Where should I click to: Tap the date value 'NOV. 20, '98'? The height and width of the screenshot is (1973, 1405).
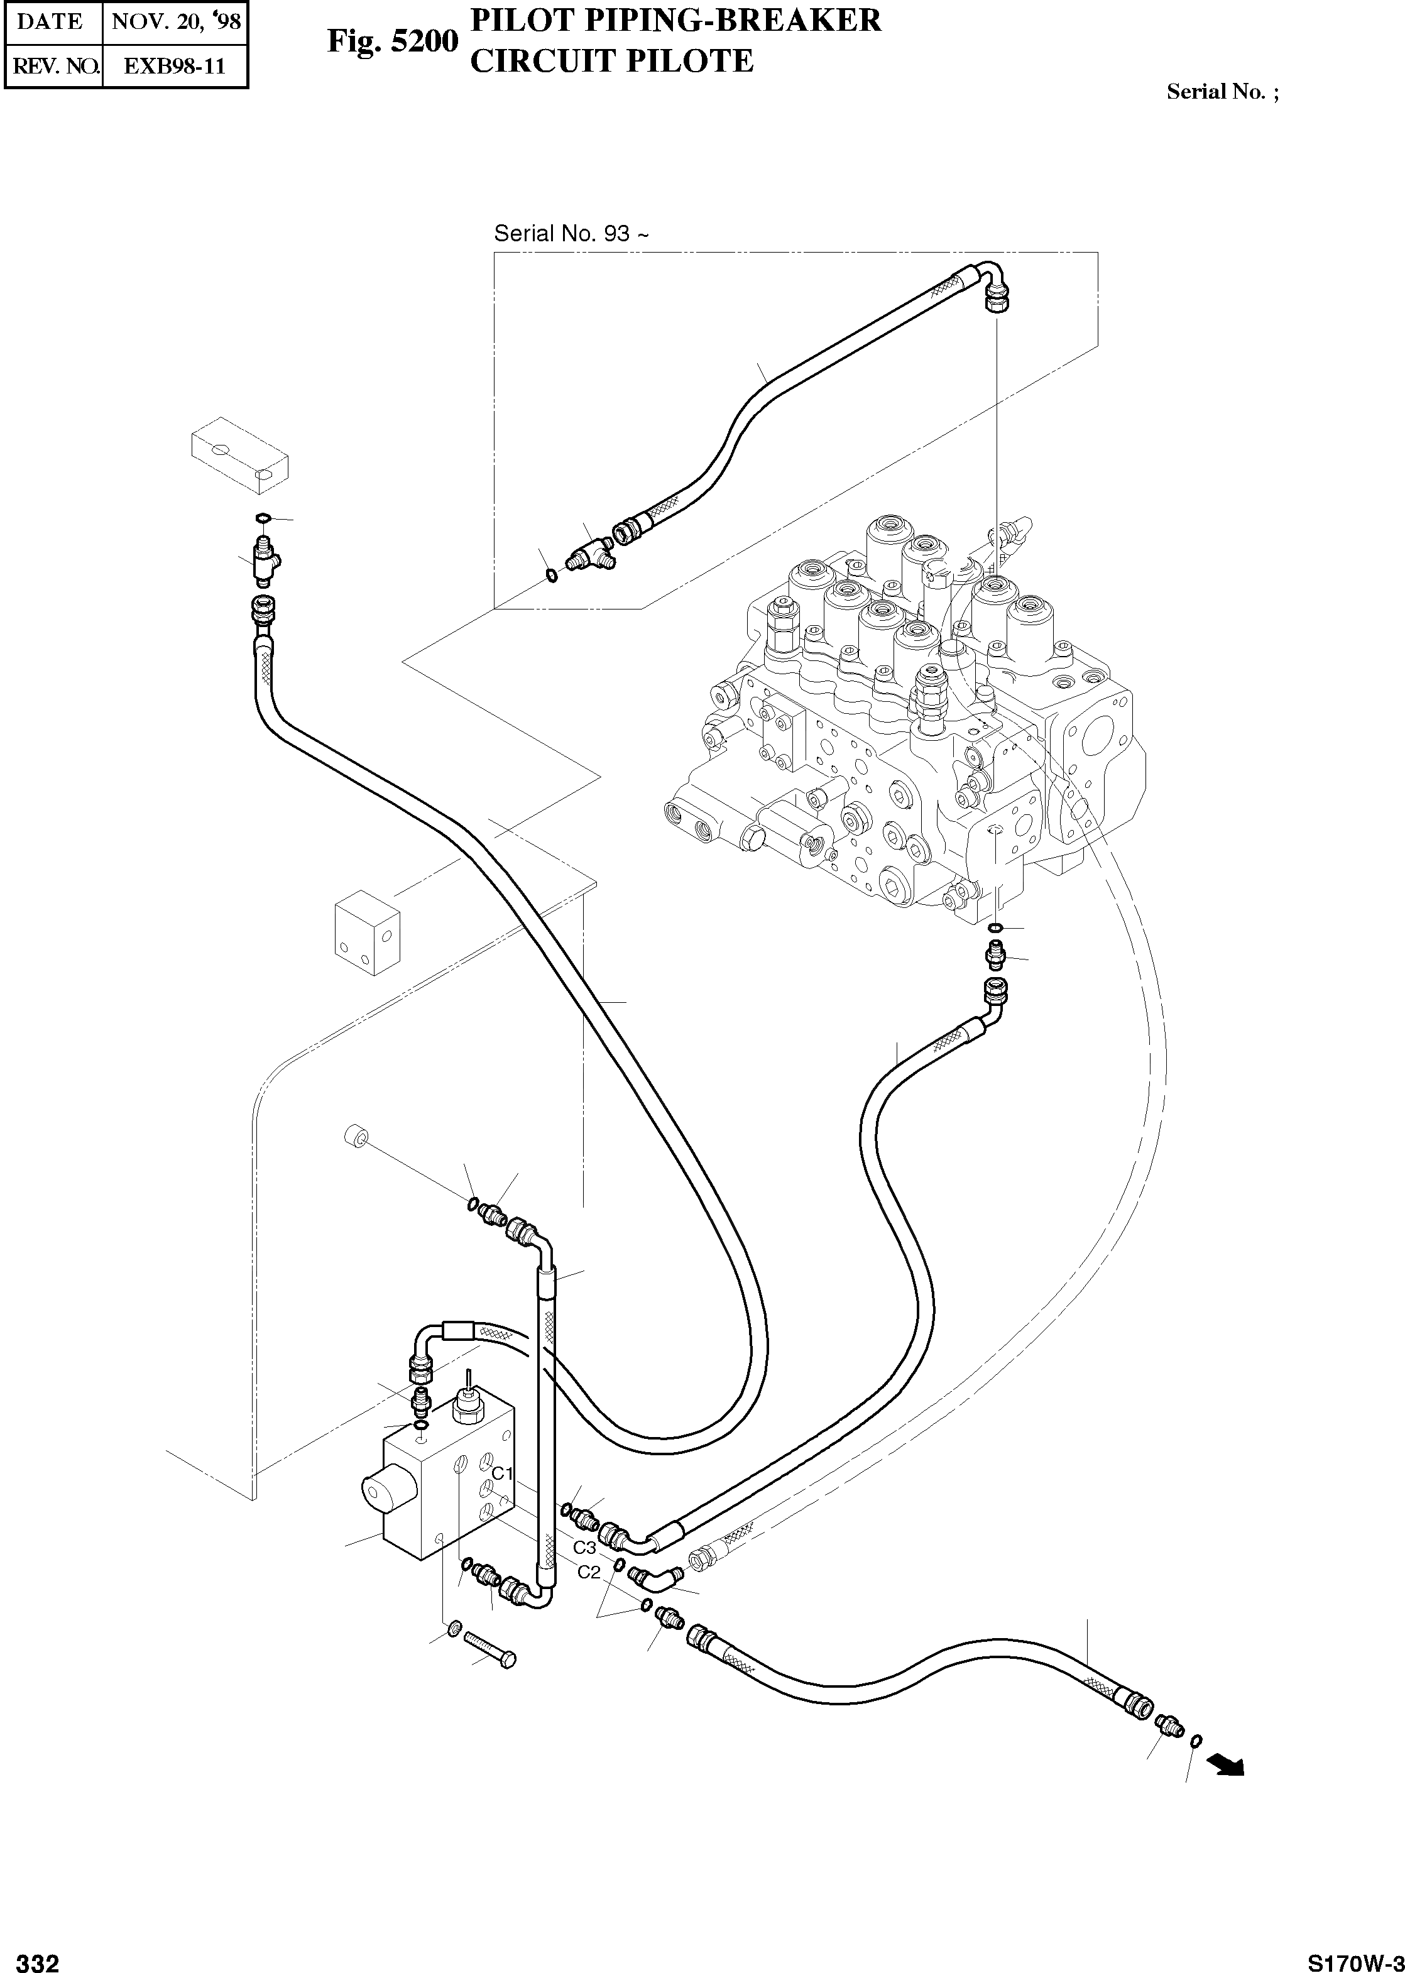point(176,21)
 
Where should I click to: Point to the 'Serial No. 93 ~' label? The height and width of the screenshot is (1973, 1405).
point(570,234)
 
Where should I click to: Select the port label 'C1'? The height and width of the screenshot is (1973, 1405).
point(503,1473)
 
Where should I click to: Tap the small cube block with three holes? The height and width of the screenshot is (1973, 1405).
point(368,932)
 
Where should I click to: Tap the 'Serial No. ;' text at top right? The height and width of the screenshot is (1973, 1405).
point(1222,92)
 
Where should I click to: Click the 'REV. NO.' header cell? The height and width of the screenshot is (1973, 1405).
point(53,67)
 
